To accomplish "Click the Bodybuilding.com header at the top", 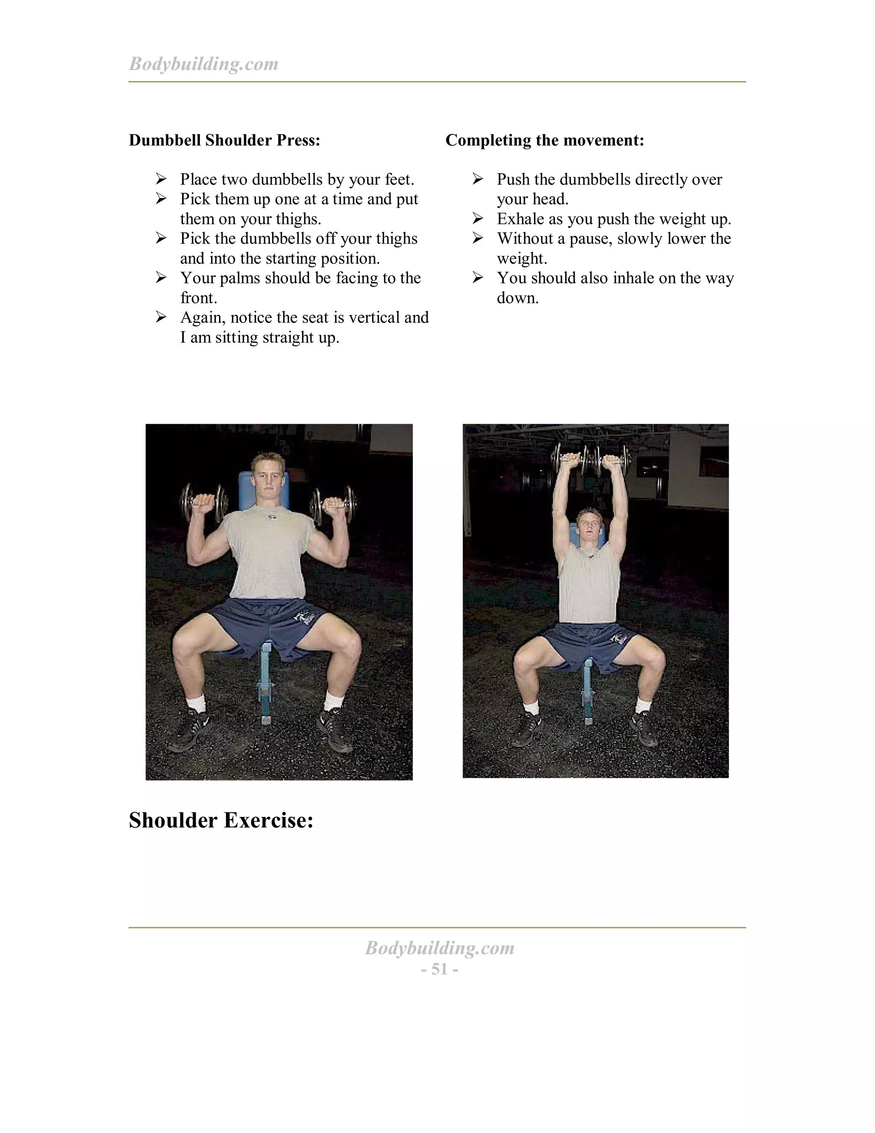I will coord(203,64).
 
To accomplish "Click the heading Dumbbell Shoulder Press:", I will coord(224,140).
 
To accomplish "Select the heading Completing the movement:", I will coord(544,140).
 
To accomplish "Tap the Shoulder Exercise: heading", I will coord(221,820).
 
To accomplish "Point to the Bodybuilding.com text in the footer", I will coord(439,948).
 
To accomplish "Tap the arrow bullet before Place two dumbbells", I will coord(161,180).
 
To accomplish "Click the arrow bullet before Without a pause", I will coord(477,238).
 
